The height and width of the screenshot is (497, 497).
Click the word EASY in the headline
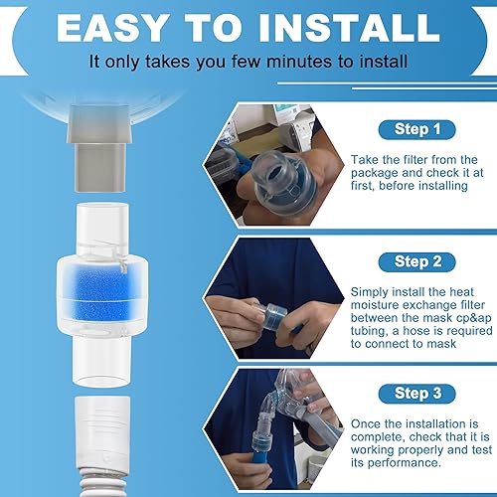coord(118,27)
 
